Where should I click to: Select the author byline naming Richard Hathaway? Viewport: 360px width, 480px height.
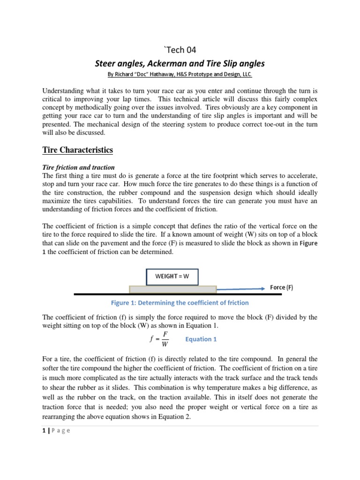tap(180, 75)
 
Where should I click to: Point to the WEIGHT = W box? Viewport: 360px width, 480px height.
tap(172, 276)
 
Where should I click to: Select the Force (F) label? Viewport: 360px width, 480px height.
tap(282, 288)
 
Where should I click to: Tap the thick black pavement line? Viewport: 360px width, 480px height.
tap(178, 294)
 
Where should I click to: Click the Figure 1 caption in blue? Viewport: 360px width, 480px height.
tap(180, 303)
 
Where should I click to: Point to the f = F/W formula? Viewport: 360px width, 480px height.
tap(157, 339)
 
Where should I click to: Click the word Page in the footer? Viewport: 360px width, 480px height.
tap(60, 431)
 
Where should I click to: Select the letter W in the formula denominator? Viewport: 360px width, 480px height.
tap(164, 345)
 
